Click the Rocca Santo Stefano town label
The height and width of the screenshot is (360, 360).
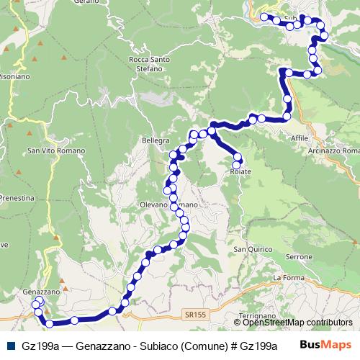(148, 64)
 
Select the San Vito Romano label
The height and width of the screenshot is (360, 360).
(52, 150)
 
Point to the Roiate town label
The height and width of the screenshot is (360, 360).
(240, 173)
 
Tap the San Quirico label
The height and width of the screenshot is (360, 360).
(251, 249)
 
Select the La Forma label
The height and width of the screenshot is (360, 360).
(286, 277)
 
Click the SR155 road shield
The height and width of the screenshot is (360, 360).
(194, 315)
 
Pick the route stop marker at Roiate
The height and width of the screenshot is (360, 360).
(236, 165)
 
